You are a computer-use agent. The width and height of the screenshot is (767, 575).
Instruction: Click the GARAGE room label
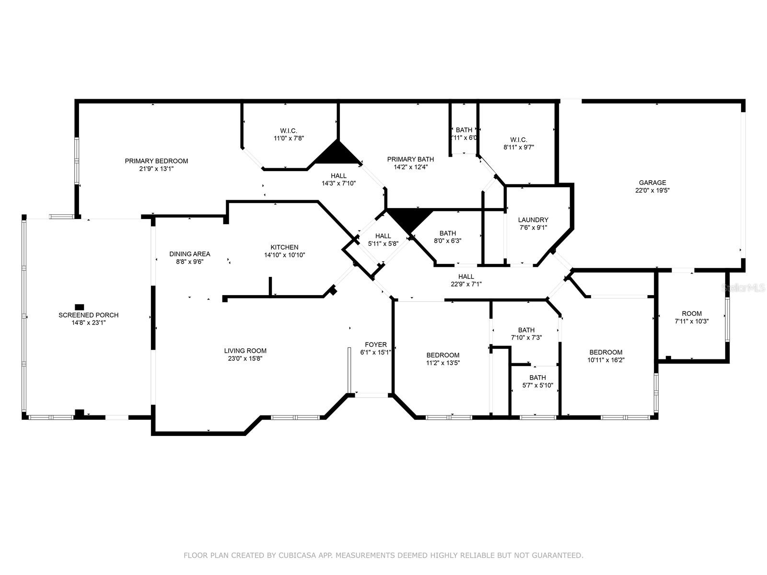click(652, 183)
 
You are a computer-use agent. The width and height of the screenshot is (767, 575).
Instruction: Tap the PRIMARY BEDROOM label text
click(156, 161)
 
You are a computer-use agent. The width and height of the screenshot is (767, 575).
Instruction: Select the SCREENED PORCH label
click(88, 315)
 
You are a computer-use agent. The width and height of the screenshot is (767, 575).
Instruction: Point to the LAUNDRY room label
click(533, 220)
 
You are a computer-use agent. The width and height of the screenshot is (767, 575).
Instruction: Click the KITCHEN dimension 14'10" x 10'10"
click(284, 255)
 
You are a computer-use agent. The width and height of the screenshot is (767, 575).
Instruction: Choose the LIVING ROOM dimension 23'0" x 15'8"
click(245, 358)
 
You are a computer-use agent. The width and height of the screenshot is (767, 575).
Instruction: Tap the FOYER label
click(375, 345)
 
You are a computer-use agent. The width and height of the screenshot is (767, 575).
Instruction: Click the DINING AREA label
click(189, 254)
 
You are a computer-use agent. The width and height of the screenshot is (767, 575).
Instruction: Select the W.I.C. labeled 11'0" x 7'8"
click(289, 131)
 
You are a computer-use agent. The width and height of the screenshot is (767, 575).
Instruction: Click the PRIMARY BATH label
click(410, 159)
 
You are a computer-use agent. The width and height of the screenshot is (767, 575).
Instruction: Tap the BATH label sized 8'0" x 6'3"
click(447, 233)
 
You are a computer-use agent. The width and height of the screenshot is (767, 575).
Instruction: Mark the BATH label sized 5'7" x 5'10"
click(537, 378)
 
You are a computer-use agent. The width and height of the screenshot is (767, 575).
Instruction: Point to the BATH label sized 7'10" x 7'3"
click(526, 330)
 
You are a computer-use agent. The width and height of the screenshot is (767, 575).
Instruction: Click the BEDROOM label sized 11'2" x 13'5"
click(442, 355)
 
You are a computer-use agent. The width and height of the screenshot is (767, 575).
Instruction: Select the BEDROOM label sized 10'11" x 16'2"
click(605, 352)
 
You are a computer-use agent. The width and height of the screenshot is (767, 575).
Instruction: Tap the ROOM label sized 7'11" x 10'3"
click(691, 313)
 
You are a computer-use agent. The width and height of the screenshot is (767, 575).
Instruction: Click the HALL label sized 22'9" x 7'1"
click(465, 276)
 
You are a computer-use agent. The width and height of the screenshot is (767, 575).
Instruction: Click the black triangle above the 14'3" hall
click(337, 155)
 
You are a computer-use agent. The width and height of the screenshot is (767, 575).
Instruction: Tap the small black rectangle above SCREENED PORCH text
click(80, 307)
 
